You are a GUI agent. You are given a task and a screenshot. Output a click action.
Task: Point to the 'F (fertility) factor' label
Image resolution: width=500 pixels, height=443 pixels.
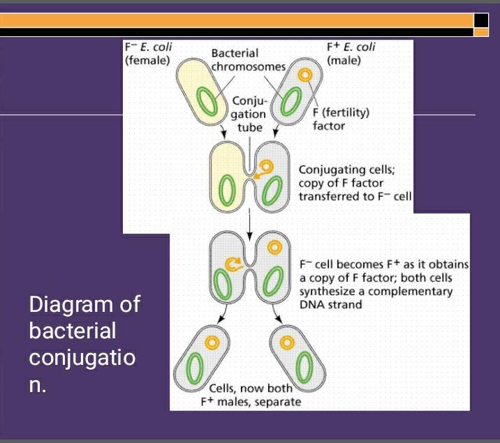tap(341, 119)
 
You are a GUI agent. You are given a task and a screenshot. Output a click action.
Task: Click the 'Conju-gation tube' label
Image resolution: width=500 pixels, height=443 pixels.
tap(249, 113)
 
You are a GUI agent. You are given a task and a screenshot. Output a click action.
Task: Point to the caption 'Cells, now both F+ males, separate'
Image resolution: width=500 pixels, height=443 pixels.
tap(249, 395)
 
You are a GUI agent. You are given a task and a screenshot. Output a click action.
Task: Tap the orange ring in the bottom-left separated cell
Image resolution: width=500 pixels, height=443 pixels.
tap(212, 343)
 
